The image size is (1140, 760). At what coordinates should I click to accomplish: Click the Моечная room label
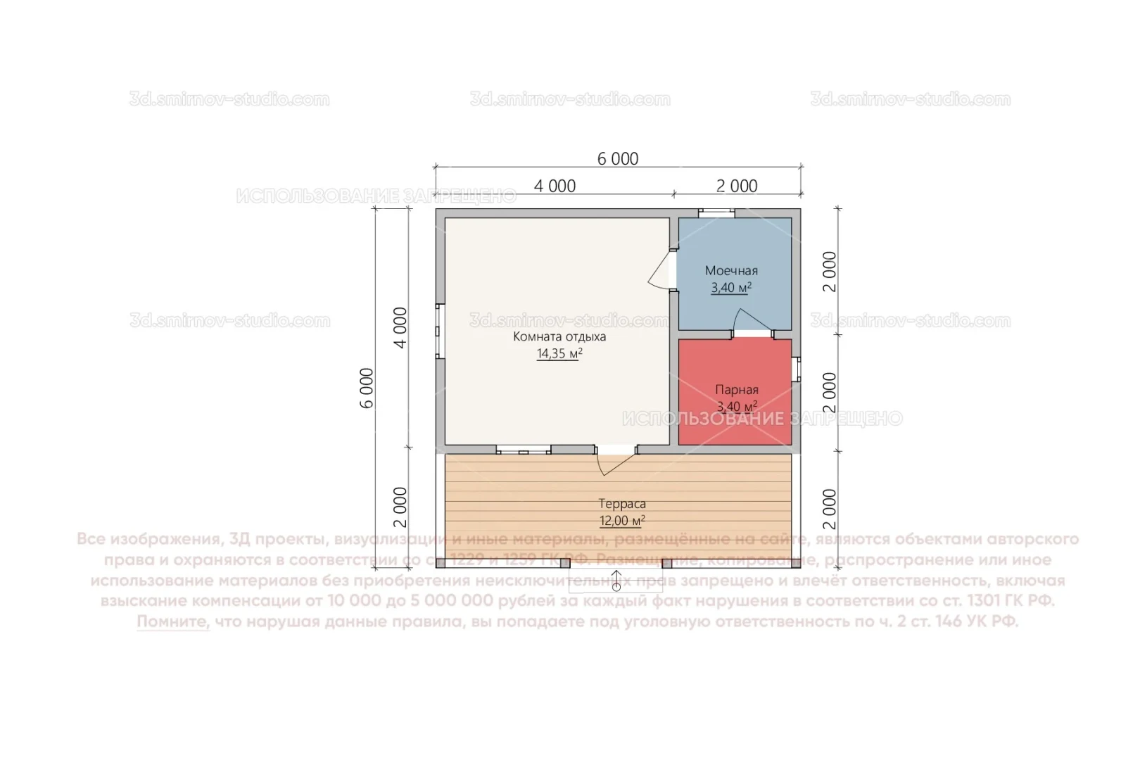[731, 271]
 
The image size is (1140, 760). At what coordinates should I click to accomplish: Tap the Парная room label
[736, 390]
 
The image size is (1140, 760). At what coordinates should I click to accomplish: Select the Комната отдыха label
[559, 337]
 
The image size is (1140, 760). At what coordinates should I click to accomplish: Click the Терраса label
[622, 504]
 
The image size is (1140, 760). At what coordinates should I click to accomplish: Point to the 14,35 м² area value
[559, 354]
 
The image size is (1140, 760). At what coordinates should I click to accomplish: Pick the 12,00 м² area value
[622, 521]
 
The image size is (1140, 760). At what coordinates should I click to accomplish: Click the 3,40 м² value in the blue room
[731, 288]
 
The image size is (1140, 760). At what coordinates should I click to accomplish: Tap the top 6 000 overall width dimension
[618, 159]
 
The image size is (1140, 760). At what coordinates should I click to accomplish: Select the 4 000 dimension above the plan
[555, 186]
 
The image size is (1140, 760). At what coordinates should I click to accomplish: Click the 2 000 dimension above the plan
[737, 186]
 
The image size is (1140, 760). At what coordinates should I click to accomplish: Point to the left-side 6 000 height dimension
[367, 388]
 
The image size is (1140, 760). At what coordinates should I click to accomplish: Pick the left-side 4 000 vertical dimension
[400, 327]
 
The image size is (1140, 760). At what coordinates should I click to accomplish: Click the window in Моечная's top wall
[716, 213]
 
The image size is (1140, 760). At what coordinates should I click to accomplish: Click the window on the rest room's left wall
[440, 331]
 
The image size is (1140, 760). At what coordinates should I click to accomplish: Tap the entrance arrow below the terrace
[616, 581]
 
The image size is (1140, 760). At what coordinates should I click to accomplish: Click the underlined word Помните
[173, 622]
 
